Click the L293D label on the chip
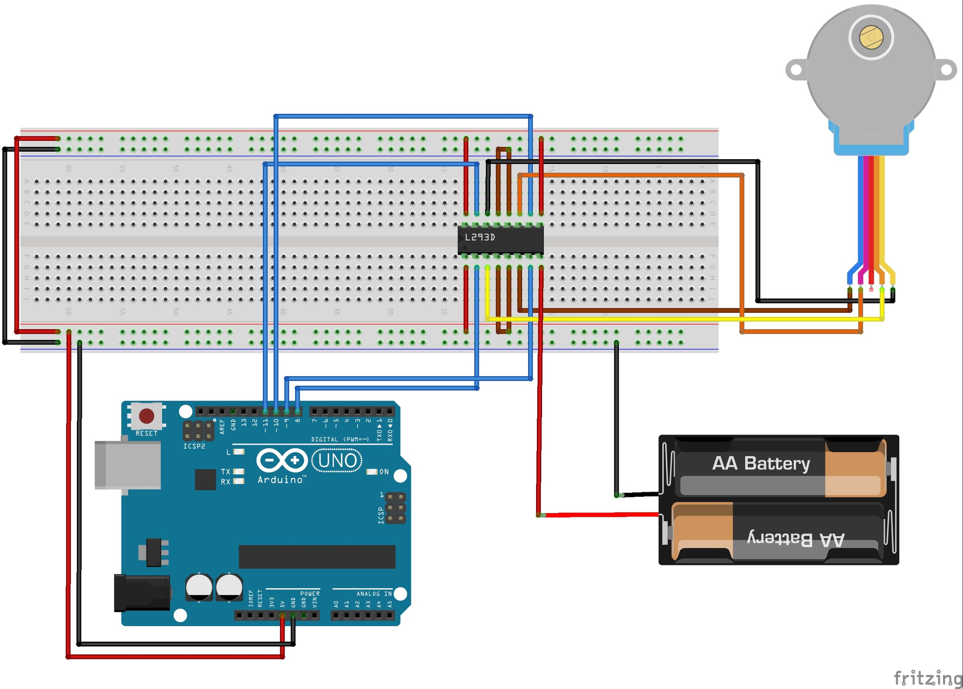(479, 237)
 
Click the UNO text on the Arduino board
(337, 461)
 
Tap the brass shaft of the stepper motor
(871, 37)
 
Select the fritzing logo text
(927, 677)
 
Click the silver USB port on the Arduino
(127, 465)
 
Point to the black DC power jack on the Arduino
(142, 593)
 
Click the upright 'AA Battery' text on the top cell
(761, 463)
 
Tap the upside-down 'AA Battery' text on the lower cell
(795, 539)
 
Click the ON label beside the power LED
(384, 472)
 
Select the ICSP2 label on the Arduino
(194, 446)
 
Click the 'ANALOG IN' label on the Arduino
(374, 594)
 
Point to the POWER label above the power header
(310, 594)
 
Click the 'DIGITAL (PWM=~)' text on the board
(340, 439)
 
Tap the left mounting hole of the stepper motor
(796, 69)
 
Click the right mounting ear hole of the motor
(946, 69)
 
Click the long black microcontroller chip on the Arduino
(317, 557)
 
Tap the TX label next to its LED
(226, 472)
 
